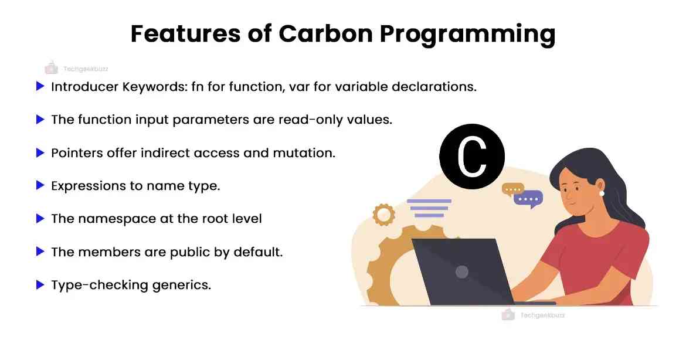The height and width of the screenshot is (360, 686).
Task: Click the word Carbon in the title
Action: point(324,34)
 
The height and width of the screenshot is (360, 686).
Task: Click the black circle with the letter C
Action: point(472,155)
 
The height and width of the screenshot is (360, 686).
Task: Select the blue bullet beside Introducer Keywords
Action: point(40,87)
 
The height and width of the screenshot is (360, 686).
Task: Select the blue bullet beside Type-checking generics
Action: point(40,285)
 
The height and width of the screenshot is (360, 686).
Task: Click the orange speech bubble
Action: point(512,189)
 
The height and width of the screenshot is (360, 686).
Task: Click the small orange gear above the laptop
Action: point(384,214)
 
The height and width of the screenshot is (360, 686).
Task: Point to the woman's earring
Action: point(601,193)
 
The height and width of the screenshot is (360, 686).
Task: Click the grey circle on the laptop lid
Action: point(462,271)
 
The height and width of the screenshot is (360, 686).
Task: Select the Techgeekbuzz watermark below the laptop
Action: point(533,315)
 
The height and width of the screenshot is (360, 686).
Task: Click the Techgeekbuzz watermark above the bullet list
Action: point(76,69)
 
